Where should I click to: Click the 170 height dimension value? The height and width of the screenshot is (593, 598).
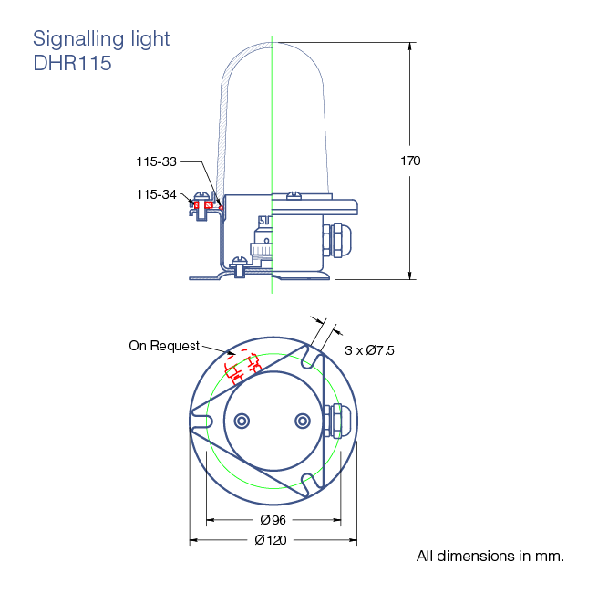[x=410, y=161]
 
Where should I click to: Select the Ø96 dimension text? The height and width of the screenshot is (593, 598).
[x=273, y=520]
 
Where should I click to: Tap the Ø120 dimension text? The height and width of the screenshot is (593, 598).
[x=271, y=540]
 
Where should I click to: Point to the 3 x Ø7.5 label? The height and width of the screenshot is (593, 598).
[x=369, y=350]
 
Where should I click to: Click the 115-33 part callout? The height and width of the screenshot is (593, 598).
[x=157, y=161]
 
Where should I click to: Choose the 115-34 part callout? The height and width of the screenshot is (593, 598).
[x=157, y=194]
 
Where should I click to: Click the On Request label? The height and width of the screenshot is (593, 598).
[x=164, y=346]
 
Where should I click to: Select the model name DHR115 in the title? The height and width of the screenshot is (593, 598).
[x=72, y=63]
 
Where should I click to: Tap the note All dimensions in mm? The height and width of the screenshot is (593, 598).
[x=490, y=556]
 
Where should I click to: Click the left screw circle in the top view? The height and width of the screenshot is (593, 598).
[x=242, y=421]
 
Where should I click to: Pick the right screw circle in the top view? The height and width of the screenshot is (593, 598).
[x=303, y=421]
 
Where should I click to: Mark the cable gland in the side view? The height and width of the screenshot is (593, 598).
[x=336, y=241]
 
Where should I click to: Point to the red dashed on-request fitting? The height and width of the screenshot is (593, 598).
[x=242, y=366]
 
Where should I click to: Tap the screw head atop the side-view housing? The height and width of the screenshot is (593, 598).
[x=294, y=195]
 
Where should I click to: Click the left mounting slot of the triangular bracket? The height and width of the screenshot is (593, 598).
[x=201, y=421]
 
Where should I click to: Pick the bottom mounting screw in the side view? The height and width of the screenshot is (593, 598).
[x=240, y=266]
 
